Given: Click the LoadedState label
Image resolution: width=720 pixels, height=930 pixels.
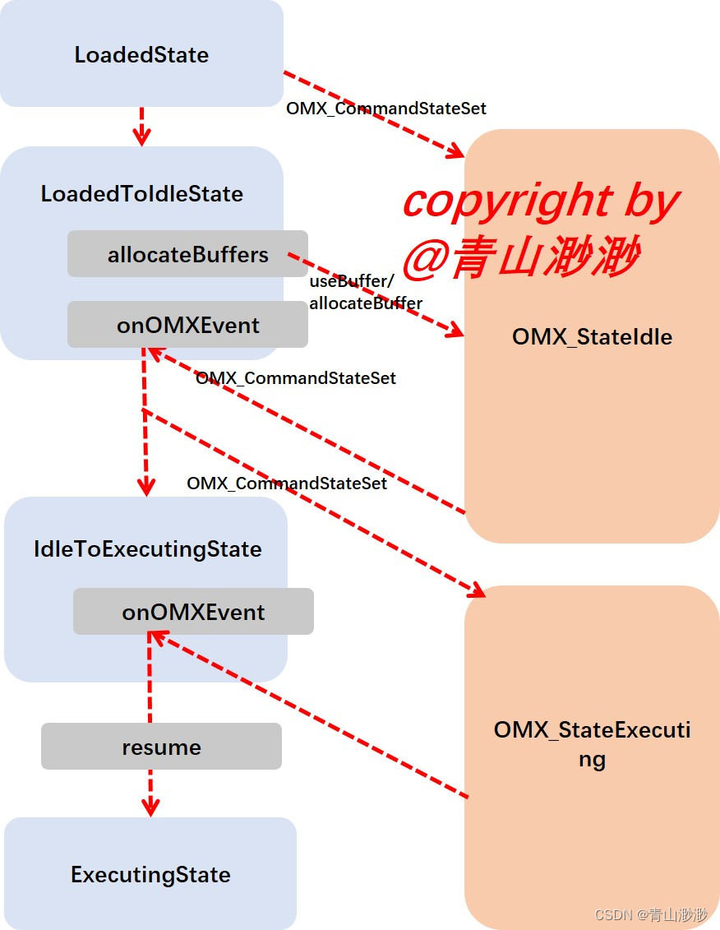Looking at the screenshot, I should [141, 55].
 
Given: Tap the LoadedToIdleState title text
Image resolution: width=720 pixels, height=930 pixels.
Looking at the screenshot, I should [142, 194].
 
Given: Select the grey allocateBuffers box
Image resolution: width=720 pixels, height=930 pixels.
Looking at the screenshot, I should [187, 254].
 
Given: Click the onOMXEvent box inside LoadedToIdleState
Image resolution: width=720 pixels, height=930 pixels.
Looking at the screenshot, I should [187, 325].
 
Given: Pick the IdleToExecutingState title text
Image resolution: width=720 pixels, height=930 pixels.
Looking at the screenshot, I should [148, 549].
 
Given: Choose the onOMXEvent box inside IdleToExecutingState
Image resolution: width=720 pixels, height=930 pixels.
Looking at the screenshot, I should [193, 612].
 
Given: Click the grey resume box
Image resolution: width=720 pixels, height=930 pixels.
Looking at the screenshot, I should [161, 747].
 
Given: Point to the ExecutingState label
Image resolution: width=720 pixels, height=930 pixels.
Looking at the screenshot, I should [150, 874].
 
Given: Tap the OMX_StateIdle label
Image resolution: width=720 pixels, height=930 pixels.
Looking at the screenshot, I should [592, 336].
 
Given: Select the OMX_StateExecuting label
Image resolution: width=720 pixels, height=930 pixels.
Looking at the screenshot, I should [592, 743].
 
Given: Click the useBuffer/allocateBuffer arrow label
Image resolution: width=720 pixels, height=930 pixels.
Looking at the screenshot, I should [365, 293].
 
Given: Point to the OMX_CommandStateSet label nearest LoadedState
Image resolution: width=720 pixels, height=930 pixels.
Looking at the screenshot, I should [386, 108].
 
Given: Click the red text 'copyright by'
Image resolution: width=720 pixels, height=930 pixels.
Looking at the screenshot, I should [541, 201].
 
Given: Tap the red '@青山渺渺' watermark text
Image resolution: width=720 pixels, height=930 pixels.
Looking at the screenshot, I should [521, 257].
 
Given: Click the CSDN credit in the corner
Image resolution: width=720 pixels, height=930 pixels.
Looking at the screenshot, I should [650, 914].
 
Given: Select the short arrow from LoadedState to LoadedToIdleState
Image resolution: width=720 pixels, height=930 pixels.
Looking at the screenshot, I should [141, 126].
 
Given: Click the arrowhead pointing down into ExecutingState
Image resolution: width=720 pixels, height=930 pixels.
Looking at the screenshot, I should [150, 807].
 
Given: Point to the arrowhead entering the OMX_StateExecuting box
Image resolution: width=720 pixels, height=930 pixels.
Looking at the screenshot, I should [478, 589].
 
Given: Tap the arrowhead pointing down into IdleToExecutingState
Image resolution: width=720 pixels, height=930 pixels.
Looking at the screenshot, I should [146, 487].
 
